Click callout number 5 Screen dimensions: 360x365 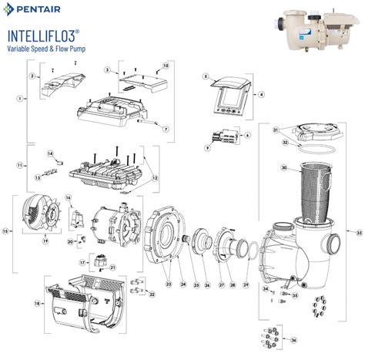coord(206,76)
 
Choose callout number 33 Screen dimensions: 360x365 coord(358,232)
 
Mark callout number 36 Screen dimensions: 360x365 coord(293,339)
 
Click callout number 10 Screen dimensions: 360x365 coord(165,66)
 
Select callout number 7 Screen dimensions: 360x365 coord(166,129)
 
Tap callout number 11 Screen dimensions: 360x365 coord(20,166)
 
